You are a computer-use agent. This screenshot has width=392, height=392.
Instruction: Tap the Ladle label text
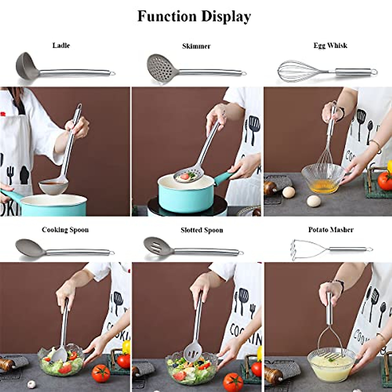tap(61, 45)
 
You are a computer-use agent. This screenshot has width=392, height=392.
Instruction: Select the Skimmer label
tap(196, 46)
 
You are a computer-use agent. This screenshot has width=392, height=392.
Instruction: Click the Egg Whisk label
tap(330, 45)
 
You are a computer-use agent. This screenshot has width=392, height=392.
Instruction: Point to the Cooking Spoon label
tap(65, 230)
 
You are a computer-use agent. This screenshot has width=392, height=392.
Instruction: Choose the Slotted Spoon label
tap(202, 230)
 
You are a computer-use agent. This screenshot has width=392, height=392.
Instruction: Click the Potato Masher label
tap(331, 230)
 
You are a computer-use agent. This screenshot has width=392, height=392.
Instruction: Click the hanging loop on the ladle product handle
tap(112, 73)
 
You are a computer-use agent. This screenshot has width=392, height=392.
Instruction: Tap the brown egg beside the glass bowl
tap(288, 192)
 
